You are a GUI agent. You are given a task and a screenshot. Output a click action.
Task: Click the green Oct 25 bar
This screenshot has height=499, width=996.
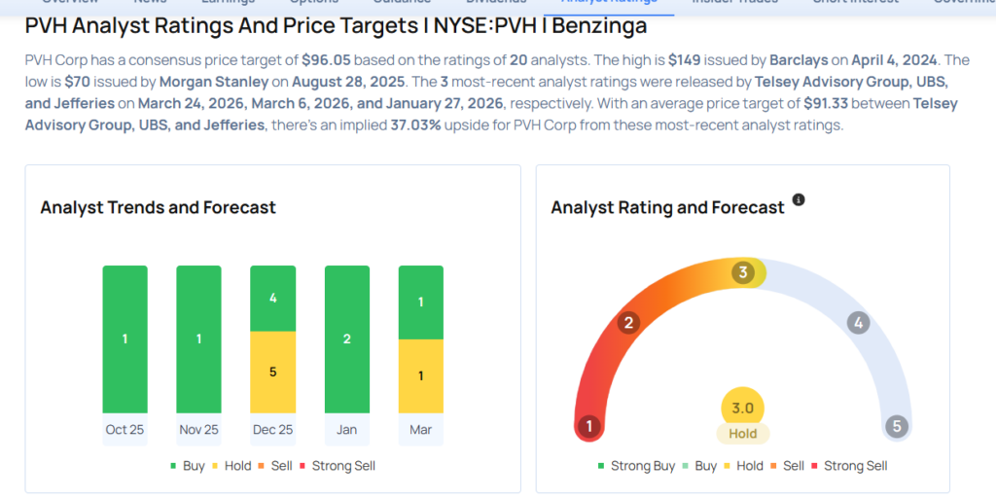tap(124, 339)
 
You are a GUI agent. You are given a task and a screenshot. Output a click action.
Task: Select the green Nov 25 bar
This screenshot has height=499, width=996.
tap(198, 339)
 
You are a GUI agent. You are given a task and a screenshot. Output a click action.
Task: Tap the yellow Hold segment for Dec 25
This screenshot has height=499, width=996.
tap(272, 372)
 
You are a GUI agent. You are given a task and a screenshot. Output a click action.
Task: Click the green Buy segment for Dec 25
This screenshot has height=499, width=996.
tap(272, 298)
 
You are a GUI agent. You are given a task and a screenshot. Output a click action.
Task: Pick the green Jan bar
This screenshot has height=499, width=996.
tap(346, 339)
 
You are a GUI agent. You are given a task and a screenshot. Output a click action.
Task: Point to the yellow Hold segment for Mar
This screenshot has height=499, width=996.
tap(420, 375)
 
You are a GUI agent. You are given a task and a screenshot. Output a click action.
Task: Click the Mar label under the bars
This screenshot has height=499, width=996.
tap(420, 429)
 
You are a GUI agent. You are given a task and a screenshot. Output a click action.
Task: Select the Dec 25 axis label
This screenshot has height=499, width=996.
tap(272, 429)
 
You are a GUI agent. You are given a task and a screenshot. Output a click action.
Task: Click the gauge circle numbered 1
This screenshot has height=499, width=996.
tap(587, 426)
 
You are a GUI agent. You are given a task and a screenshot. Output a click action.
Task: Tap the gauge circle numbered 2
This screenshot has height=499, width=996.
tap(629, 323)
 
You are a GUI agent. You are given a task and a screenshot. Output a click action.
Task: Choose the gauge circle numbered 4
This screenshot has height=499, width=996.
tap(857, 323)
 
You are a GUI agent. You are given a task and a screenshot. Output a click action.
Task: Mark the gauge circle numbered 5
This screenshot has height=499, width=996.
tap(897, 426)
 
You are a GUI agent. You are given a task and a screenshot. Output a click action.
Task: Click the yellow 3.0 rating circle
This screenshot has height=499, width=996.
tap(743, 408)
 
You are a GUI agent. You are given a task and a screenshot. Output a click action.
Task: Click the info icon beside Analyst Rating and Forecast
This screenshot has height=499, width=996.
tap(799, 199)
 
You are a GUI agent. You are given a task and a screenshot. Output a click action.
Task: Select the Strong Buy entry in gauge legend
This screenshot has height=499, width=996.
tap(637, 466)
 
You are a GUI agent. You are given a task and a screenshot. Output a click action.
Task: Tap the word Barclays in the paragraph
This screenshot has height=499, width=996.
tap(804, 60)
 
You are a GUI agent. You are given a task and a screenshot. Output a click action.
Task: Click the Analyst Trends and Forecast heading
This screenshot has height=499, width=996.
tap(158, 207)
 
